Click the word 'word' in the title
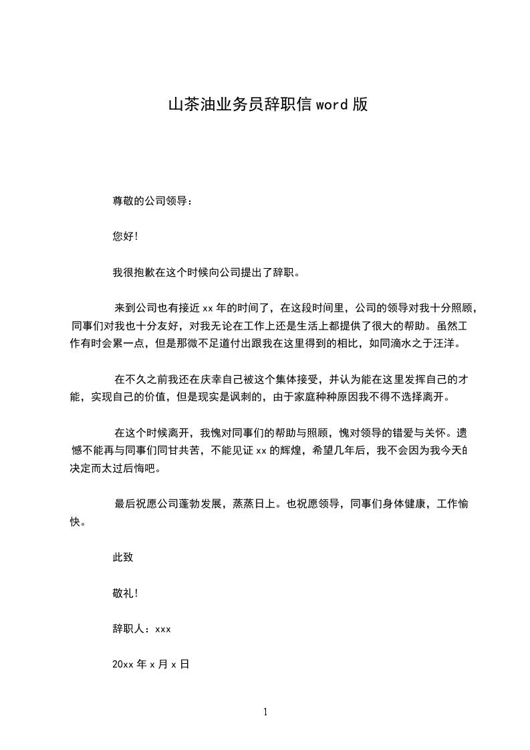[333, 105]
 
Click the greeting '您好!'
[126, 237]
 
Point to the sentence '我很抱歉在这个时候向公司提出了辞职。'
[207, 273]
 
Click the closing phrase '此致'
[124, 556]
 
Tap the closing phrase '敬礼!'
[126, 592]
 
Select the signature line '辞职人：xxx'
[142, 628]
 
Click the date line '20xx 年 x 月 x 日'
[151, 664]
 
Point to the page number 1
[265, 713]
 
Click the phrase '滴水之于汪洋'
[414, 344]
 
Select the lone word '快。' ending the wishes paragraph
[78, 522]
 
